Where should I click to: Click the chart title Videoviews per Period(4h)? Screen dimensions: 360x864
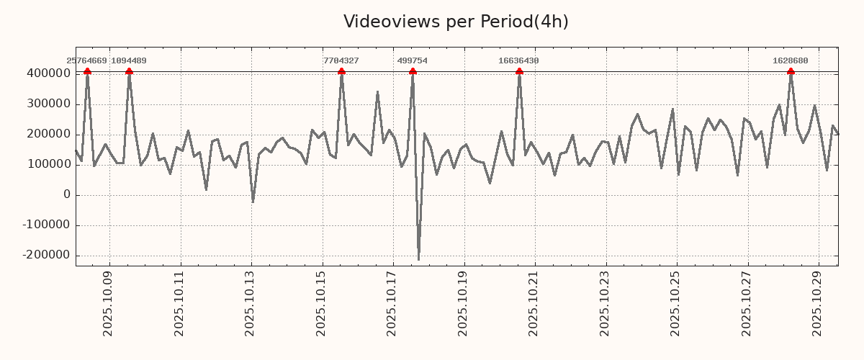456,22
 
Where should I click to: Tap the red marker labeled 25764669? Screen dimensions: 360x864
87,71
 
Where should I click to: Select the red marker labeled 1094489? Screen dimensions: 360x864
129,71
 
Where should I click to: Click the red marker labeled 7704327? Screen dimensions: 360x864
341,71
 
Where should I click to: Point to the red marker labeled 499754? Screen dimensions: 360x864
413,71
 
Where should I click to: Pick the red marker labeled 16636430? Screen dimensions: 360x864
519,71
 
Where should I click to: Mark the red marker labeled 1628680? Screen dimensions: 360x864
791,71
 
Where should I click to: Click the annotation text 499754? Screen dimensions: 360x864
413,61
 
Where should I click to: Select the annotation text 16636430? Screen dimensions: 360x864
518,61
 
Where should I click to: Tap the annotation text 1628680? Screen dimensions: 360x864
791,61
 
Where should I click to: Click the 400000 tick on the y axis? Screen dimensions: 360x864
48,74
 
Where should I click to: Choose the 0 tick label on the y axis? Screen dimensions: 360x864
67,195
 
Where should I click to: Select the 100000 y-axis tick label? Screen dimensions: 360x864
48,165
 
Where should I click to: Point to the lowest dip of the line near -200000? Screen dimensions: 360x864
418,260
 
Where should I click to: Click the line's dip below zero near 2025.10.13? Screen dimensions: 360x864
253,202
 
